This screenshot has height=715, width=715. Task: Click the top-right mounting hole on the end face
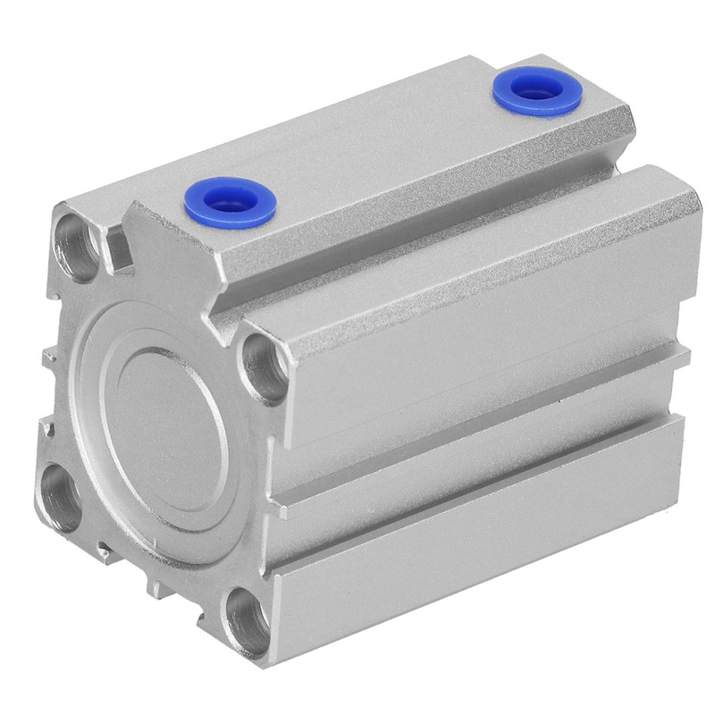tap(265, 361)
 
